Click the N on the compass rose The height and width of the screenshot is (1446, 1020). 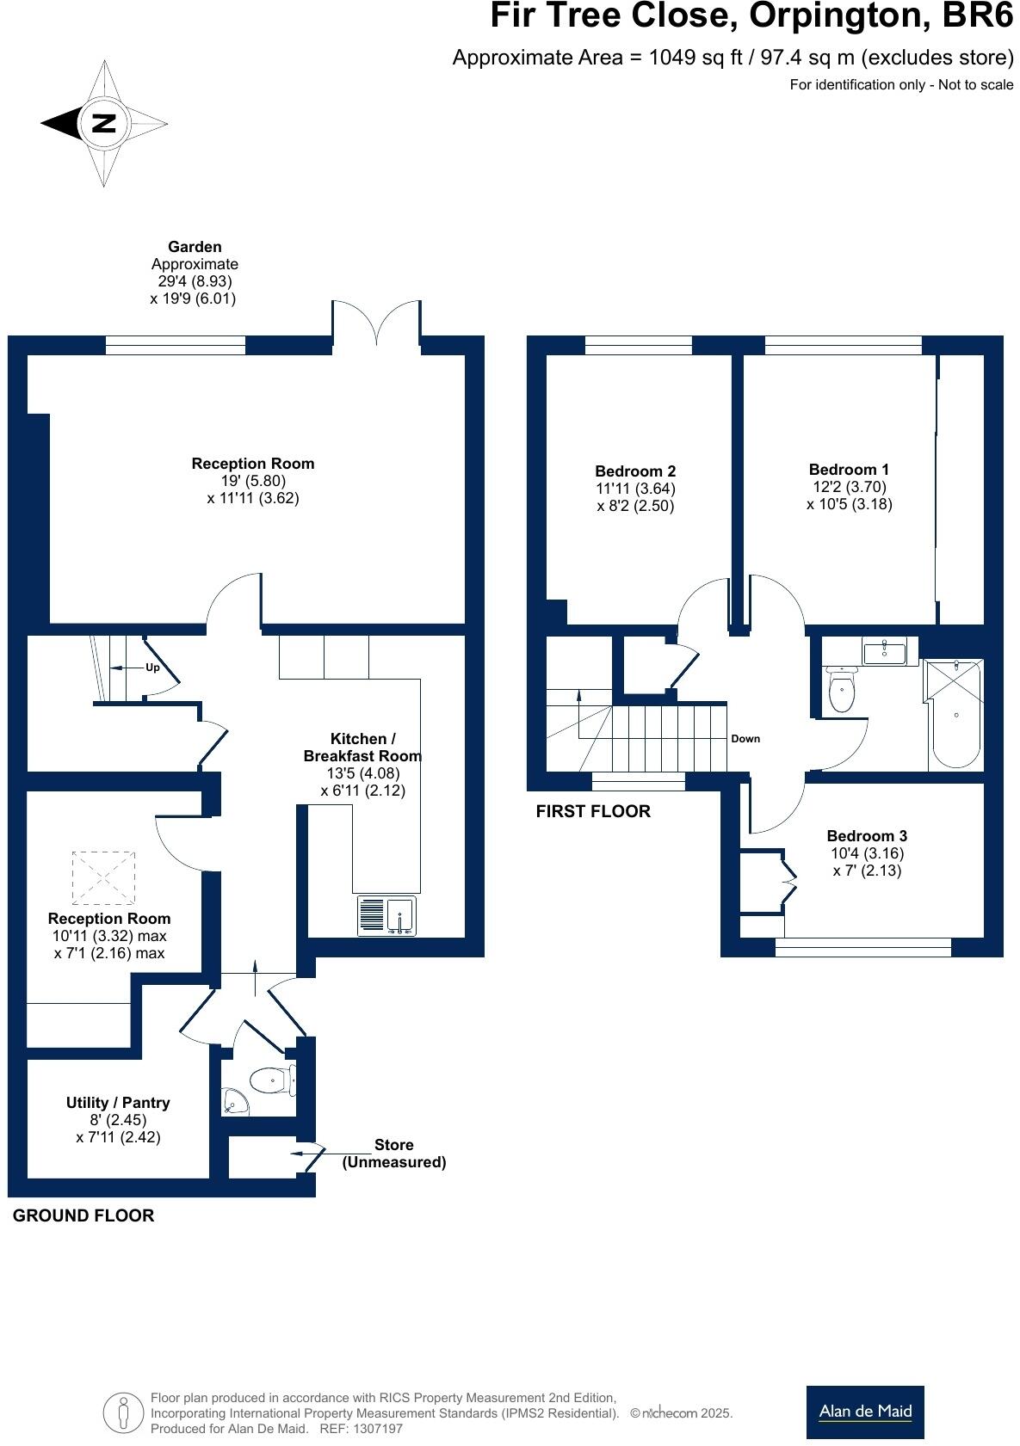[x=104, y=123]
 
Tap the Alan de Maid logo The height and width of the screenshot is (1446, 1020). [x=864, y=1412]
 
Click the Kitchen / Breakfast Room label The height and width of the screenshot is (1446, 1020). [x=362, y=747]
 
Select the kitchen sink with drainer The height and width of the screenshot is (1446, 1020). [x=386, y=916]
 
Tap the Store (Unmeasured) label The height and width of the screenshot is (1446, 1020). [x=394, y=1154]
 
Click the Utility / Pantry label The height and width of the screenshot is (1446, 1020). [x=118, y=1102]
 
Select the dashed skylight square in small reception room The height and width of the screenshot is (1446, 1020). [x=103, y=878]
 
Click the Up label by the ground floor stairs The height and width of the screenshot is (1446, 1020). [x=152, y=667]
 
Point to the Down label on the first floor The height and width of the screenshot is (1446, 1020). [x=745, y=738]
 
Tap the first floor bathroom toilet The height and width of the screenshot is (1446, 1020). [x=841, y=690]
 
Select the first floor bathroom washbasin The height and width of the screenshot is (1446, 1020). [x=883, y=652]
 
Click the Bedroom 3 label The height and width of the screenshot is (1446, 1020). [x=866, y=835]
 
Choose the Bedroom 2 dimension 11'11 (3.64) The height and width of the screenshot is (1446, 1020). [x=635, y=488]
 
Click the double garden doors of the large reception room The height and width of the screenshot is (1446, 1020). [x=376, y=324]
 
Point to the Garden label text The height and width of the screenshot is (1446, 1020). [x=195, y=247]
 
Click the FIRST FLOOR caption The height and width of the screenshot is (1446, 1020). [x=593, y=811]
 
